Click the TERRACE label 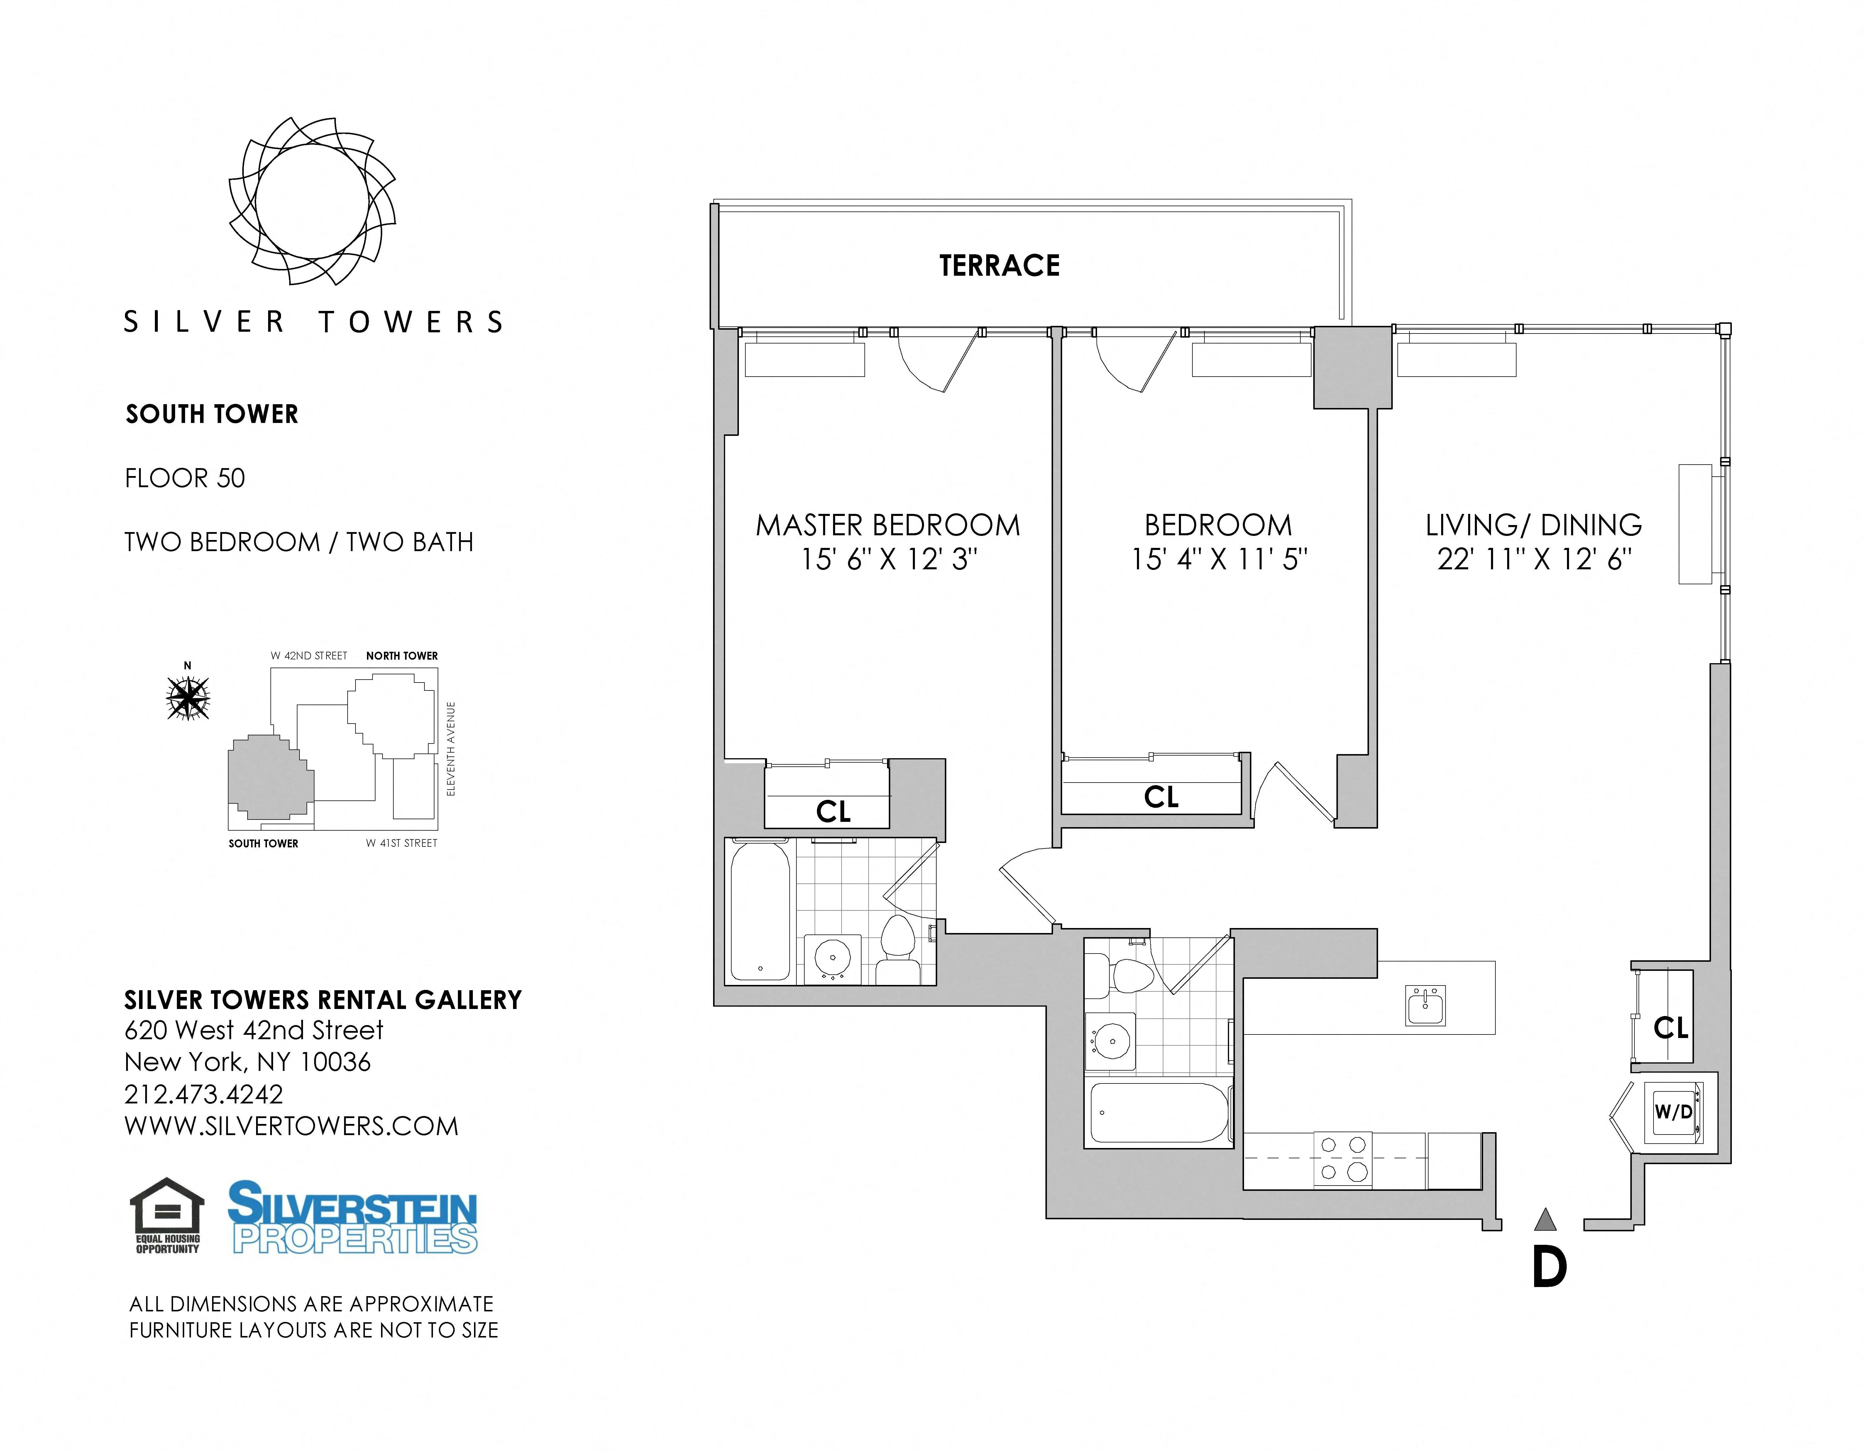[999, 266]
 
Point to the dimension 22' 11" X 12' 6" [1534, 559]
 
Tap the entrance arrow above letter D [1545, 1220]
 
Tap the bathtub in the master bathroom [760, 910]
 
